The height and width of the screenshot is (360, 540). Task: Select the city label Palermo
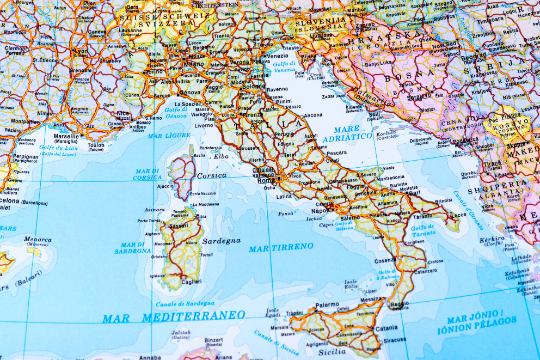pos(327,305)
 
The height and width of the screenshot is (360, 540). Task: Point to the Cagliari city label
pos(191,282)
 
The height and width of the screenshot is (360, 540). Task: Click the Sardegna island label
pos(221,241)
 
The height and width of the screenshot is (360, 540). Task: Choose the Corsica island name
pos(211,175)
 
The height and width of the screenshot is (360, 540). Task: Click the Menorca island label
pos(38,239)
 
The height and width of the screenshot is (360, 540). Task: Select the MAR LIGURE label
pos(169,135)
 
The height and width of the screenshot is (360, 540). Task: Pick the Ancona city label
pos(313,115)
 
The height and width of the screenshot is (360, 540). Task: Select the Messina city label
pos(372,299)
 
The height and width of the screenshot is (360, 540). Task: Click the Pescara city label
pos(336,153)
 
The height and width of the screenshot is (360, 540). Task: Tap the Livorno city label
pos(204,125)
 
